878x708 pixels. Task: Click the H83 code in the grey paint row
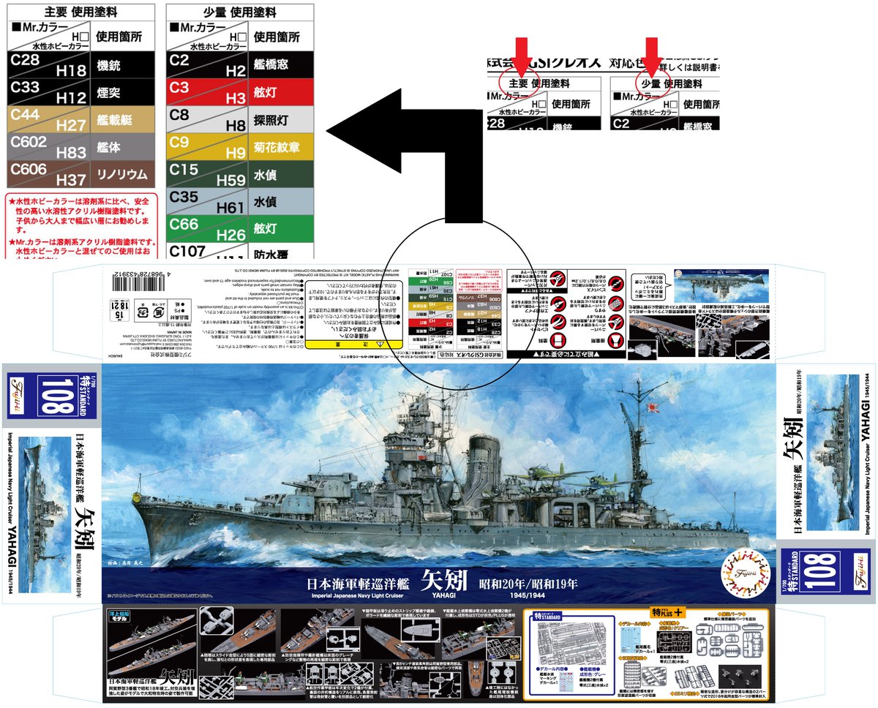71,152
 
